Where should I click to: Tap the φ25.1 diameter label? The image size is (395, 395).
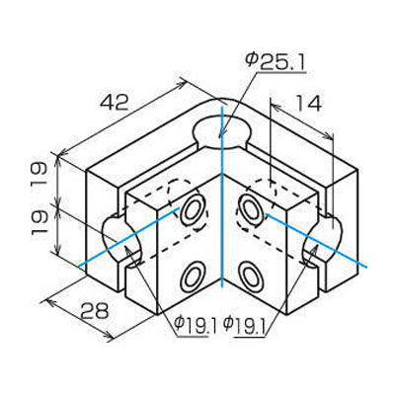coord(274,62)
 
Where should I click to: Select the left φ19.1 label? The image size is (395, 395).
coord(195,323)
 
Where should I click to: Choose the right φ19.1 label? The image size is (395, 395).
coord(245,323)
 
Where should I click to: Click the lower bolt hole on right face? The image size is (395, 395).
coord(249,273)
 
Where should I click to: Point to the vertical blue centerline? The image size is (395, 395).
coord(224,247)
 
